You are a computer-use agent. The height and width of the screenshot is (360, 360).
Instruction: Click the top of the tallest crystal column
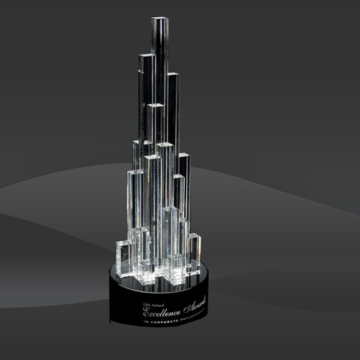pos(157,18)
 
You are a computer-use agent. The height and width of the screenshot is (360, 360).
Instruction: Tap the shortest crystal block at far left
pos(126,256)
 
